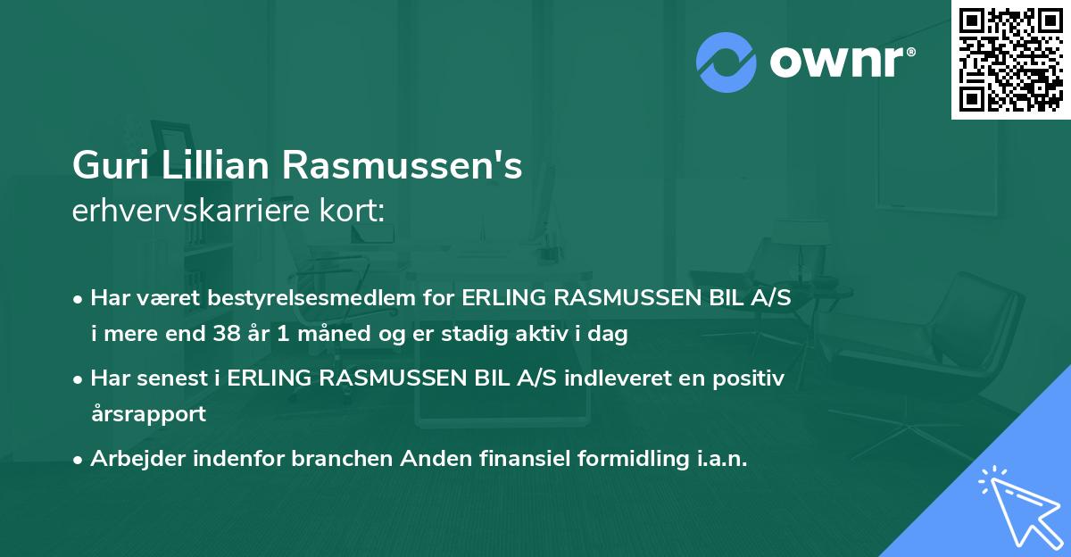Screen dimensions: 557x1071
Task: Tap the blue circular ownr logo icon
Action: [x=726, y=62]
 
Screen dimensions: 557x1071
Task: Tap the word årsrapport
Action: [x=148, y=414]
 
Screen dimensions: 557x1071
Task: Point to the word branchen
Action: [x=340, y=459]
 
